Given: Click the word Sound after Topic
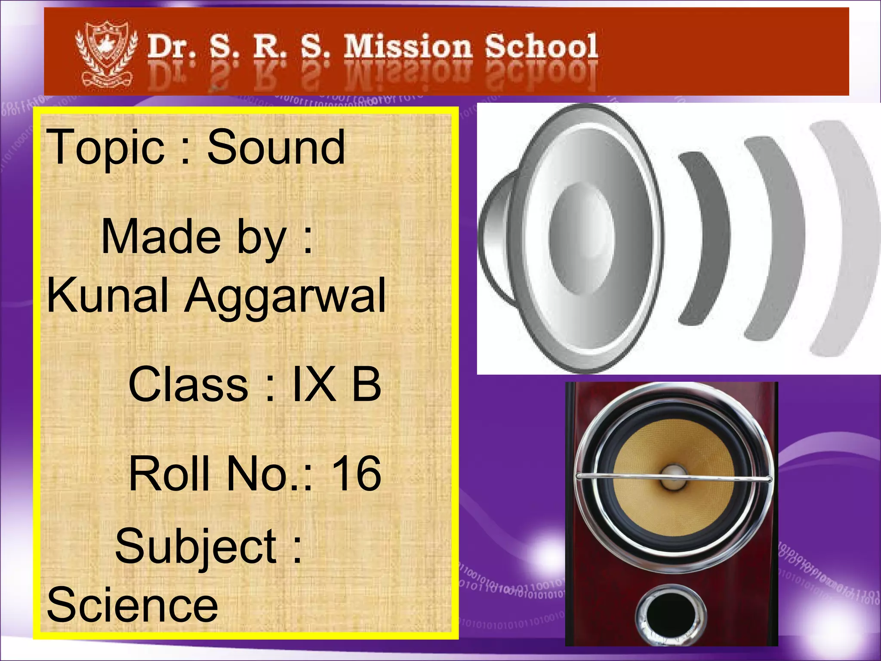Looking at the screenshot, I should pos(276,147).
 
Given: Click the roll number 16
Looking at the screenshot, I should pos(356,473).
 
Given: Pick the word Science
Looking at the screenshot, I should pos(132,605).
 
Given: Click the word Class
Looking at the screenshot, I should pos(188,384).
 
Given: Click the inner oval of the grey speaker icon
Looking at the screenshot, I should pos(582,238).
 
